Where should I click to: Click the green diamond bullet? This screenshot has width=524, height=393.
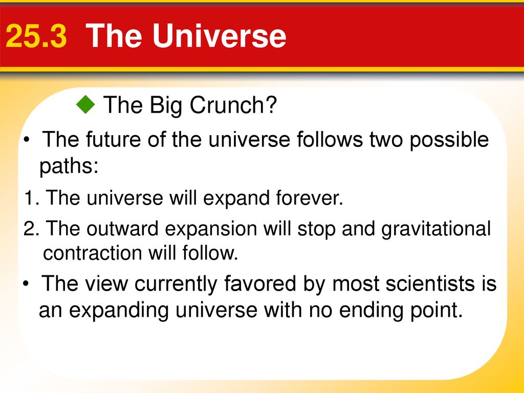coord(86,104)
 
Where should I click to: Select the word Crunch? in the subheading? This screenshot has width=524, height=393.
coord(233,104)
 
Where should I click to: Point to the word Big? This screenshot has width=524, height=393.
coord(166,105)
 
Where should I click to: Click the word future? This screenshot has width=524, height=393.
coord(114,139)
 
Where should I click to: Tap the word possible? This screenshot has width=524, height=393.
coord(449,140)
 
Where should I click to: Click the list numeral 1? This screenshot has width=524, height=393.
coord(31,198)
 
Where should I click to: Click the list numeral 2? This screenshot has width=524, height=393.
coord(31,229)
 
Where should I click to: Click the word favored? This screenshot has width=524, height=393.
coord(260,283)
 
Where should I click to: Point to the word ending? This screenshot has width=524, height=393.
coord(372,311)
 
